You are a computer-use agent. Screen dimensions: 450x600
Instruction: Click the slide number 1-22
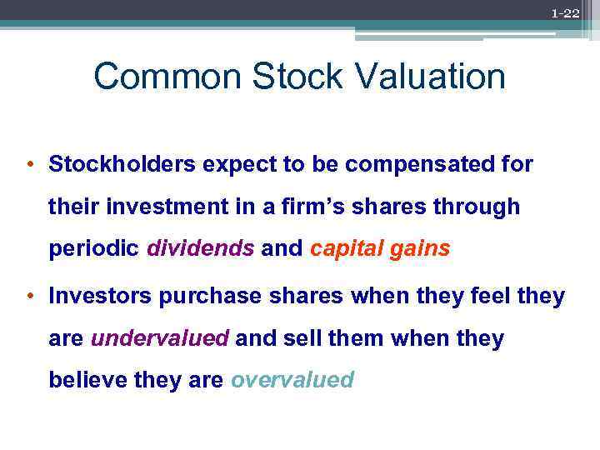[565, 13]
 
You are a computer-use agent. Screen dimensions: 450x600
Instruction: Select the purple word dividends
[201, 249]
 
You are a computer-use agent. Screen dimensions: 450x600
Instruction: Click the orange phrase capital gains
[379, 249]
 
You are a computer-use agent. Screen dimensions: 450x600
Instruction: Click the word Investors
[99, 296]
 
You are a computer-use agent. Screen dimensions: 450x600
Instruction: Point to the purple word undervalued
[159, 338]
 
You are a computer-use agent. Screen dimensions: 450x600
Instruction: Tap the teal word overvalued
[292, 381]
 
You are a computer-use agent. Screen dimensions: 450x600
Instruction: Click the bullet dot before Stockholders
[30, 164]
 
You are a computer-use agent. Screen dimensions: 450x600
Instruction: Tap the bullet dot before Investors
[30, 296]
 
